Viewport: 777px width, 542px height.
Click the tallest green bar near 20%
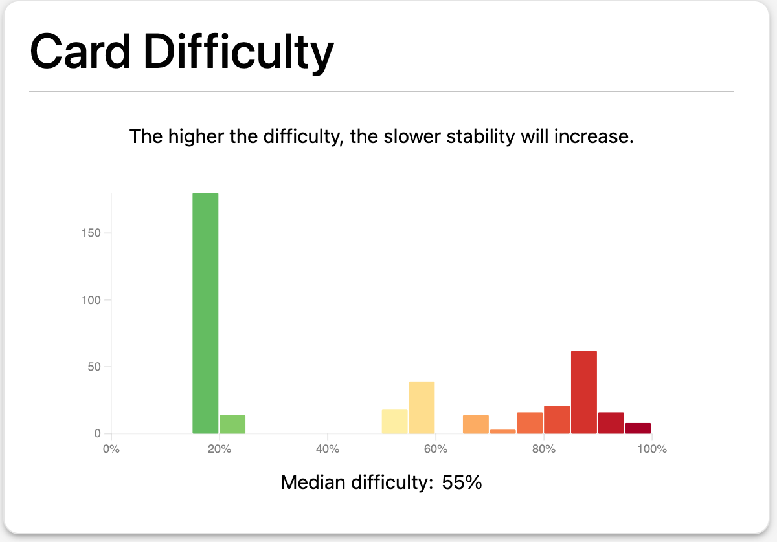[x=205, y=313]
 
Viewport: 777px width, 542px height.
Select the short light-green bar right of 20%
[x=232, y=424]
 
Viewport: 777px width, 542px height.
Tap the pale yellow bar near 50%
[x=395, y=422]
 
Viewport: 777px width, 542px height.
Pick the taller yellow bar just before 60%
[x=422, y=407]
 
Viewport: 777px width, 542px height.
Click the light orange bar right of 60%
[x=476, y=424]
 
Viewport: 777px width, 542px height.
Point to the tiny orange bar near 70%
[x=503, y=431]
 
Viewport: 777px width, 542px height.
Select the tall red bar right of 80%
[x=584, y=392]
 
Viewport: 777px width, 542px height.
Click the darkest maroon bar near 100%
[x=638, y=428]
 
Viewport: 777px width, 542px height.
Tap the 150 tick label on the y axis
[x=91, y=233]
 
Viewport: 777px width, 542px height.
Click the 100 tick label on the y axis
[x=91, y=299]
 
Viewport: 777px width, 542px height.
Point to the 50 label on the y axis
[x=94, y=367]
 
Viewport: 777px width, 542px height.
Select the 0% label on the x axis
[x=111, y=449]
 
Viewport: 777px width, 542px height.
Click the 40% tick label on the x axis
[x=328, y=449]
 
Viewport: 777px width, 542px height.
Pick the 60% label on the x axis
[x=436, y=449]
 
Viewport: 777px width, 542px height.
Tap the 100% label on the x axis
[x=652, y=449]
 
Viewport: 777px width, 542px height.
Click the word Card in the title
[x=80, y=52]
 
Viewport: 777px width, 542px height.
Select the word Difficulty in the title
[x=239, y=54]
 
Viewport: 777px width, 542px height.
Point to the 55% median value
[x=462, y=482]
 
